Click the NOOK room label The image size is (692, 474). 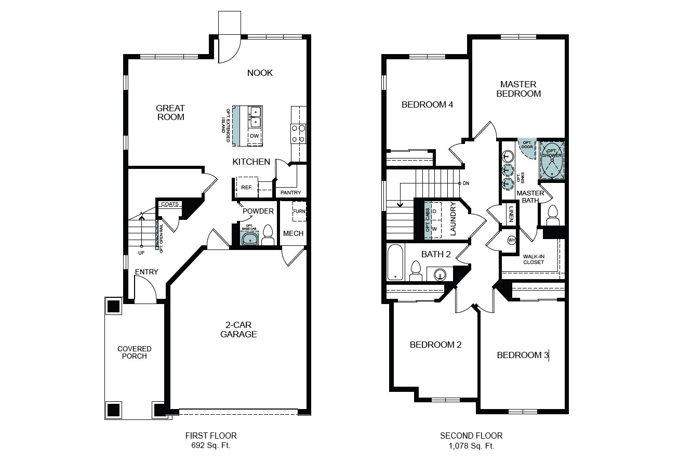point(260,73)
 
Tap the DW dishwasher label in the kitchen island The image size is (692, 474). point(254,136)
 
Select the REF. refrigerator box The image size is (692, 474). point(247,187)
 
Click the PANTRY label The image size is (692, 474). point(290,192)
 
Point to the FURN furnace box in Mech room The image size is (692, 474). point(299,212)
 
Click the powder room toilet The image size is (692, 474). point(268,235)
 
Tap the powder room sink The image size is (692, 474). point(249,239)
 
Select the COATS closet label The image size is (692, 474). point(169,204)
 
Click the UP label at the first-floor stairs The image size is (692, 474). point(141,253)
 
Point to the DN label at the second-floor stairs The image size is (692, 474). point(466,183)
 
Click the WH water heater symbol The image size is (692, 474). point(512,240)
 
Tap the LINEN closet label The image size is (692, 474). point(511,214)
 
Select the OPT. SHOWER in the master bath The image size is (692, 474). point(552,160)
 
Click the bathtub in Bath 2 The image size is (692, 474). point(395,262)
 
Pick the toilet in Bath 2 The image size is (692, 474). point(416,271)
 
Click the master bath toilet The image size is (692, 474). point(553,215)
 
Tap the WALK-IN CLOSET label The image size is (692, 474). point(534,259)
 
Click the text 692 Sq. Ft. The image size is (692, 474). point(211,445)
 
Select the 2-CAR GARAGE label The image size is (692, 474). point(238,330)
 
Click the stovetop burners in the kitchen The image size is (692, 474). point(298,134)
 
